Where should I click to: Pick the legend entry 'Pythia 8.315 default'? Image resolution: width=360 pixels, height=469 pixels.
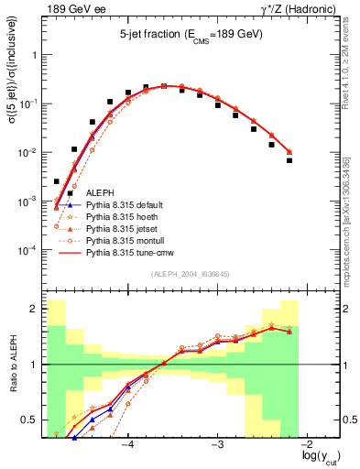tap(125, 205)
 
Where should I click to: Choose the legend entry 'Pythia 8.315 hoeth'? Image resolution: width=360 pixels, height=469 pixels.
tap(123, 216)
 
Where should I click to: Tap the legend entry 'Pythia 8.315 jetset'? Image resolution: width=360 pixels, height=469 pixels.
tap(123, 228)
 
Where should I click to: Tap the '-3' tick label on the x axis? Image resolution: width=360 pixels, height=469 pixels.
tap(218, 445)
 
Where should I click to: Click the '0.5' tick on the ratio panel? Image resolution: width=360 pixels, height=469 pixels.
tap(30, 420)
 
